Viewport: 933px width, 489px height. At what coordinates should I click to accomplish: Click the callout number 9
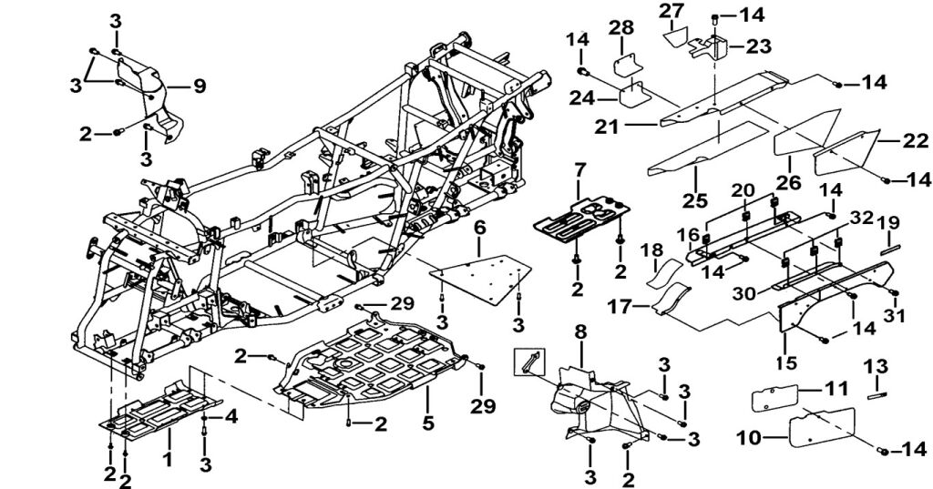[199, 87]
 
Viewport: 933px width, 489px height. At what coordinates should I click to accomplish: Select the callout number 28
[620, 28]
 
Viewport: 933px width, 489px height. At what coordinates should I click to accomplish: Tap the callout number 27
[672, 10]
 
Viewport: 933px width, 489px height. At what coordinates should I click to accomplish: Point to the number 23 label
[759, 46]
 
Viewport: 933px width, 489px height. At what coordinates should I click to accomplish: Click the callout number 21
[607, 127]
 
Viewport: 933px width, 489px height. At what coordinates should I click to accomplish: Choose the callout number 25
[694, 200]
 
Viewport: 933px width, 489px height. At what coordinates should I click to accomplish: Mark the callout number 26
[788, 181]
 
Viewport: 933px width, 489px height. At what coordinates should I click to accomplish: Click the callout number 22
[915, 140]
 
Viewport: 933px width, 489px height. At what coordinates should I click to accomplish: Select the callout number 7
[579, 170]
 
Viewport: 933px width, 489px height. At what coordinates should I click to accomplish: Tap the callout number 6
[480, 228]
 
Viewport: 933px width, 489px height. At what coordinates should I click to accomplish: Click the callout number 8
[579, 332]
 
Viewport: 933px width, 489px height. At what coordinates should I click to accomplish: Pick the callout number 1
[168, 459]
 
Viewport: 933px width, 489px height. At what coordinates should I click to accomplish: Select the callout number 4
[231, 416]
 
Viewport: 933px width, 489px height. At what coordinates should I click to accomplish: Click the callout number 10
[749, 438]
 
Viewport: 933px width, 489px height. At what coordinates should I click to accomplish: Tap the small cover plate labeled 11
[774, 397]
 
